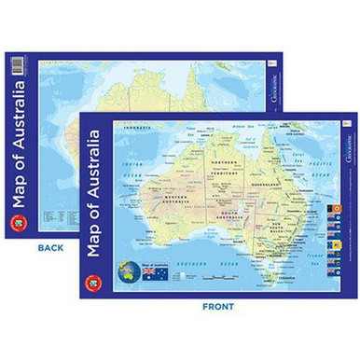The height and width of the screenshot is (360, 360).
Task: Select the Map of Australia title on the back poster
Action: click(x=19, y=141)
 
